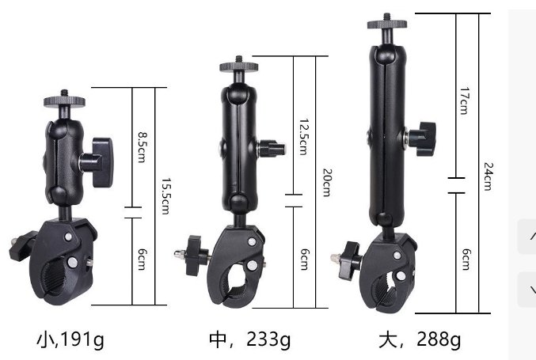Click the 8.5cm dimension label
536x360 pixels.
pyautogui.click(x=142, y=147)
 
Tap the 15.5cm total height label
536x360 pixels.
pyautogui.click(x=165, y=196)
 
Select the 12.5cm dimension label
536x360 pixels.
pyautogui.click(x=304, y=137)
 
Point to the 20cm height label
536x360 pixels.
pyautogui.click(x=327, y=183)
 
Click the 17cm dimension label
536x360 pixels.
pyautogui.click(x=464, y=100)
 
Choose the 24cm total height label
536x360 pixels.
pyautogui.click(x=488, y=176)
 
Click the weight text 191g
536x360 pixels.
pyautogui.click(x=82, y=339)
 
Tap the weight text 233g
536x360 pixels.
pyautogui.click(x=268, y=339)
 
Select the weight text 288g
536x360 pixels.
pyautogui.click(x=439, y=339)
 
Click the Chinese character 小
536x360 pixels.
pyautogui.click(x=45, y=339)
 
